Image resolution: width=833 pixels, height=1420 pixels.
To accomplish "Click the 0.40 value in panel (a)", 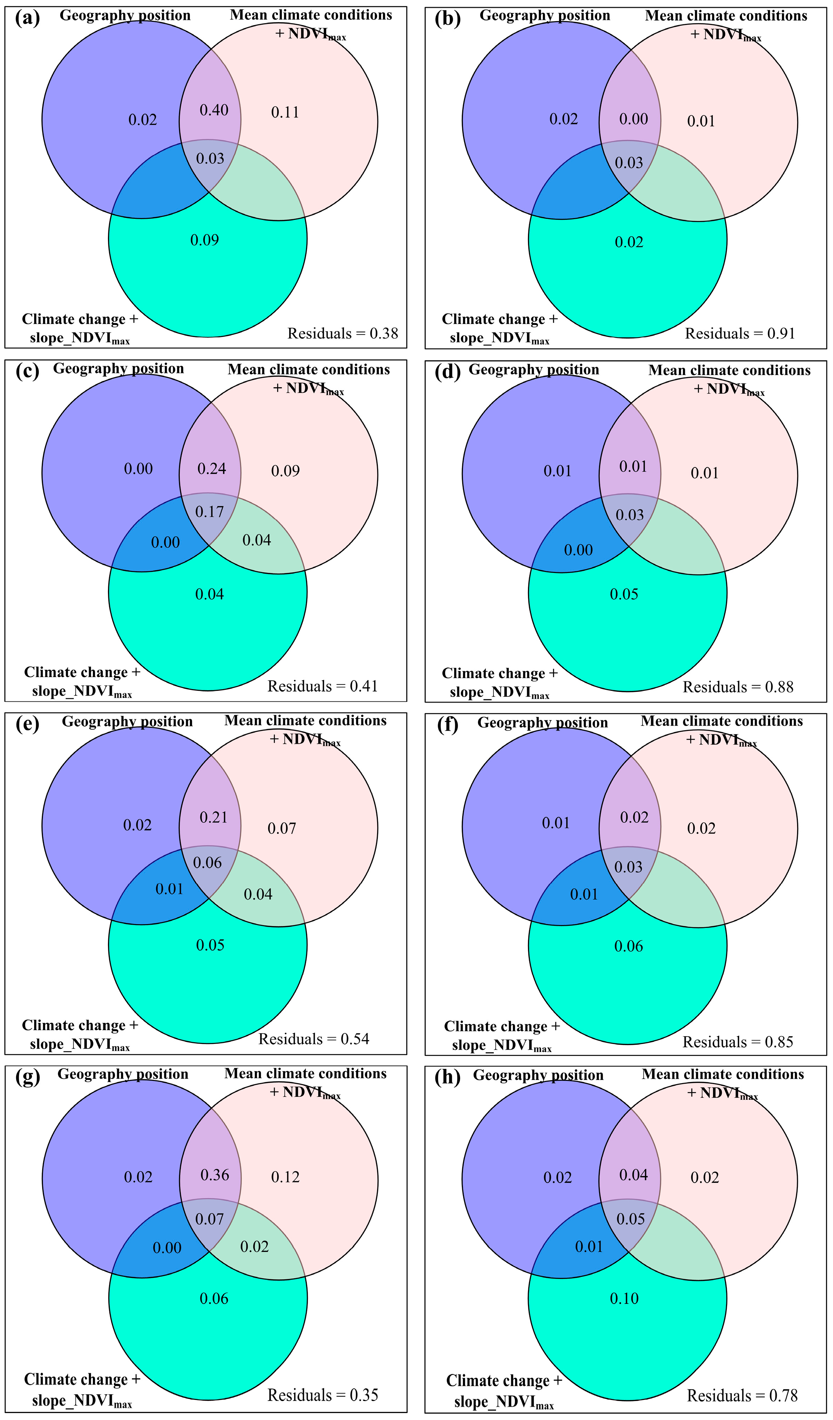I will (214, 110).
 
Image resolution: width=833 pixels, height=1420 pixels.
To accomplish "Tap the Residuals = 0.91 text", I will (739, 333).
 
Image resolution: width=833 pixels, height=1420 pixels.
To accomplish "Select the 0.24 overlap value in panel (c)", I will (212, 469).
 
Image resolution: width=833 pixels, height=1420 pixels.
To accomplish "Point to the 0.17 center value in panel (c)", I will (210, 512).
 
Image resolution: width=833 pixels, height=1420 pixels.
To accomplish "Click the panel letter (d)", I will (448, 372).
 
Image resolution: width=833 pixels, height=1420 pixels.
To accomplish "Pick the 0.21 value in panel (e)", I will (214, 817).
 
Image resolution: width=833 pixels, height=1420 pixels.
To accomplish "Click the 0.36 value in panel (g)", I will (215, 1175).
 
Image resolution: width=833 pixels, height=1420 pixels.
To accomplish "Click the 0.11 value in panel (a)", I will (285, 113).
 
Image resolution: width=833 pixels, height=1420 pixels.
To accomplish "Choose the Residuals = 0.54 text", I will (313, 1038).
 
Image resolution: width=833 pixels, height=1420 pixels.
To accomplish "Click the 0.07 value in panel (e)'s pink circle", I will (282, 828).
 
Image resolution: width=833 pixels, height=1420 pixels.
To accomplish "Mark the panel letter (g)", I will (28, 1076).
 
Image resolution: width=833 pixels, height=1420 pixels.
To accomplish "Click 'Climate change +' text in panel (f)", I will (502, 1026).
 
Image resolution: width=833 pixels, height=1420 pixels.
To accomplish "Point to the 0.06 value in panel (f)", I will (628, 946).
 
